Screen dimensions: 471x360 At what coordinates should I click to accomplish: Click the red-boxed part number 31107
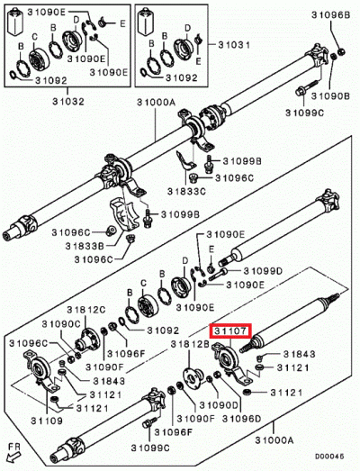[231, 331]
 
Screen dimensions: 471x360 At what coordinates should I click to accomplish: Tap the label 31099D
[262, 269]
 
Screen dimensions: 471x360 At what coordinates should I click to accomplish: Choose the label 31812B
[188, 345]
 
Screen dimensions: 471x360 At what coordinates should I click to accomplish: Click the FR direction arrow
[11, 455]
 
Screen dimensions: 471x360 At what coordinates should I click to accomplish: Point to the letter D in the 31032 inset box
[76, 19]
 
